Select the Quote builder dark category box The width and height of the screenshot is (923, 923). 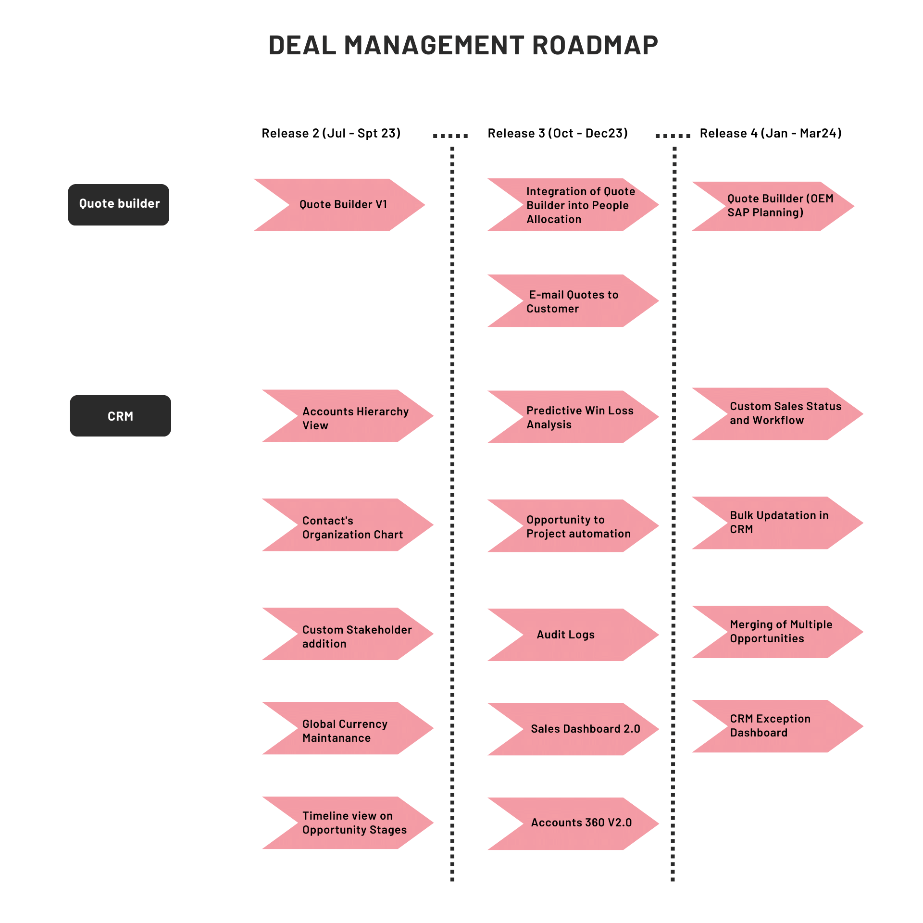pos(118,205)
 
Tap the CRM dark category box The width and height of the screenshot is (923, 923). pos(120,416)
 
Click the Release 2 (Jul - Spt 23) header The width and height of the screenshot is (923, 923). pos(331,133)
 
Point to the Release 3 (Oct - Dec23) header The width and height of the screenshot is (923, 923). pos(558,133)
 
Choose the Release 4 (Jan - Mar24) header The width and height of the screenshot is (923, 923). pos(770,133)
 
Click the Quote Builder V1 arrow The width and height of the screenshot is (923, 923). pos(342,205)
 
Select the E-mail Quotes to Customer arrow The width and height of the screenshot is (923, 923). pos(572,301)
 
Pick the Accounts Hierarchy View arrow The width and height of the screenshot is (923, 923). pos(351,416)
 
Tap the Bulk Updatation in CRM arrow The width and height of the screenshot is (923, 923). pos(779,523)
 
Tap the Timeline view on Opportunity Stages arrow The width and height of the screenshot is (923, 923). pos(351,823)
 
